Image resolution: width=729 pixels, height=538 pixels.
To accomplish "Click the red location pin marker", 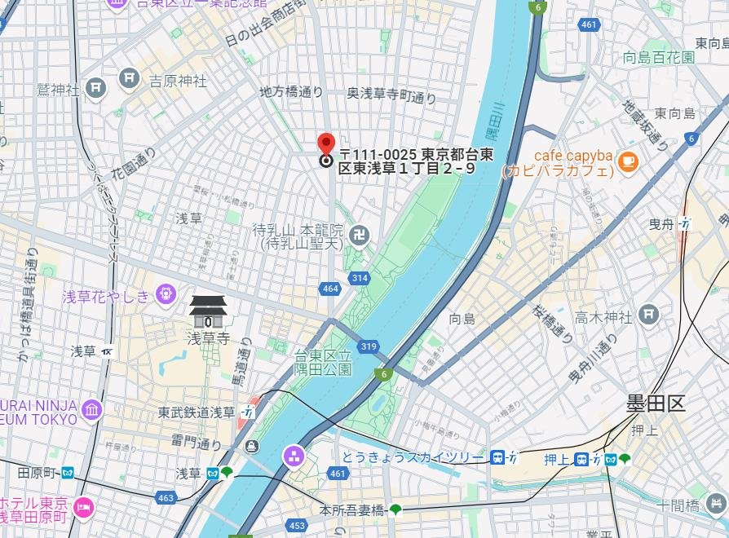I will [x=325, y=145].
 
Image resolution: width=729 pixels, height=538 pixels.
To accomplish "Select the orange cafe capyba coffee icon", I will [x=627, y=161].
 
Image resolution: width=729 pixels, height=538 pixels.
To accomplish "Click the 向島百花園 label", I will [x=659, y=57].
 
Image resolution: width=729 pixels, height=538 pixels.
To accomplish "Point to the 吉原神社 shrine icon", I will [x=129, y=78].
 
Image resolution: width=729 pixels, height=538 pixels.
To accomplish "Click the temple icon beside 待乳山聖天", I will [x=359, y=236].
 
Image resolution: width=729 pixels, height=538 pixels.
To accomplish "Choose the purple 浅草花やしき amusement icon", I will [x=166, y=292].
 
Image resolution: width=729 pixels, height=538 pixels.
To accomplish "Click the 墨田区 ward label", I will [x=656, y=403].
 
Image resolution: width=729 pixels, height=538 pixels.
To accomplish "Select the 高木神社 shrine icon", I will [x=649, y=312].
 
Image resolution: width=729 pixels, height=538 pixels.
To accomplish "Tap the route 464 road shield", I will [x=330, y=289].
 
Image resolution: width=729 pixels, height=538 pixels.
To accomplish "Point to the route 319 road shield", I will [x=368, y=347].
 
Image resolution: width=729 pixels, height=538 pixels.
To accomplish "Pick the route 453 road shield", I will [x=297, y=526].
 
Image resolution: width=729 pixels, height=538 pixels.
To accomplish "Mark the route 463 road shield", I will [x=166, y=497].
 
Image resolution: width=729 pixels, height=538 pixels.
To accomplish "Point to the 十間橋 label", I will [x=680, y=506].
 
